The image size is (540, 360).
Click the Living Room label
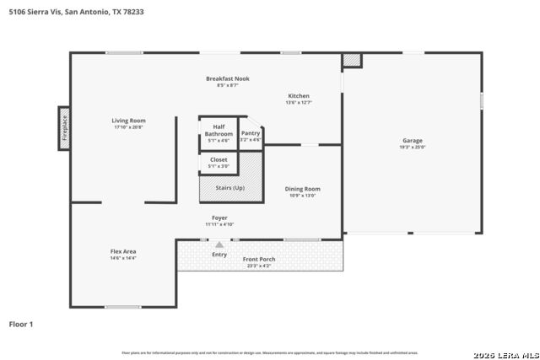[x=128, y=121]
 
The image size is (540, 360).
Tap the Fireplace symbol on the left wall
[x=63, y=128]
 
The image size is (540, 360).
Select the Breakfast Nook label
[x=227, y=78]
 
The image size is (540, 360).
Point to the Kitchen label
[x=299, y=95]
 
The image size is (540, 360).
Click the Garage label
[x=412, y=140]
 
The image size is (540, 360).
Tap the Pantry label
[x=251, y=133]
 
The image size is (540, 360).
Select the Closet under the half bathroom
[x=219, y=162]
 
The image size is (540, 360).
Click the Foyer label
[x=219, y=218]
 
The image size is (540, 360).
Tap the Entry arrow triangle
[x=219, y=244]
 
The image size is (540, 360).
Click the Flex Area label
[x=123, y=251]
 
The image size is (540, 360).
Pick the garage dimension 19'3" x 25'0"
[x=412, y=147]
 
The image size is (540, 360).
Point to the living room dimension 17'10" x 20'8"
[x=128, y=127]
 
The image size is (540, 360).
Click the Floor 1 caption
[x=20, y=323]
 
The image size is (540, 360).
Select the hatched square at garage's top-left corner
[x=351, y=61]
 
